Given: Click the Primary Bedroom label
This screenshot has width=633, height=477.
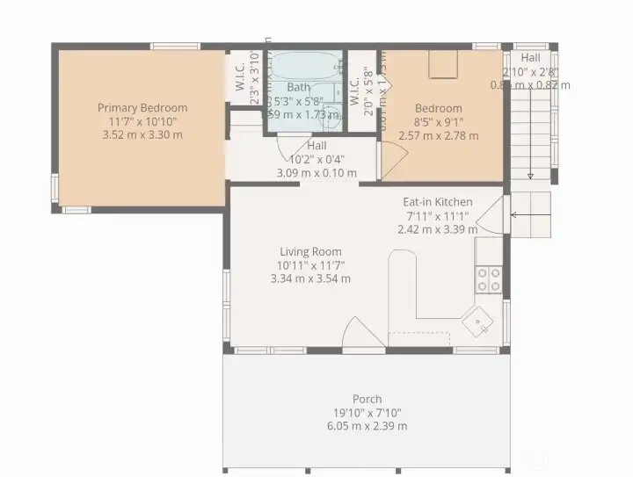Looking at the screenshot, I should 142,108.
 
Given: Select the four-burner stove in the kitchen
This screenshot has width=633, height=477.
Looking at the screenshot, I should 489,279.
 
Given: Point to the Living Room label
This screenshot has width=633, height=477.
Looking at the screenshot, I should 310,251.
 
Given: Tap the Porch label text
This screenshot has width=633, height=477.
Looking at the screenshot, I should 367,399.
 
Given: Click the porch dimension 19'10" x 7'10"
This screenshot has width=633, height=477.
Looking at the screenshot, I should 367,413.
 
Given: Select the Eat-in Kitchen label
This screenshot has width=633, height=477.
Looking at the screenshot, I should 439,201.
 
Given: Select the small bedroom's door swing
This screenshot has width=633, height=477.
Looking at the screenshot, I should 393,160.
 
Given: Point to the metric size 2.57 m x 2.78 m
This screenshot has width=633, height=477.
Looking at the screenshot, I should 439,136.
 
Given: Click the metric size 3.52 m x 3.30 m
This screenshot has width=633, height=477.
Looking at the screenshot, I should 142,135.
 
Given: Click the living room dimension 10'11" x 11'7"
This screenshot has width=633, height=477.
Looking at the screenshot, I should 310,265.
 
